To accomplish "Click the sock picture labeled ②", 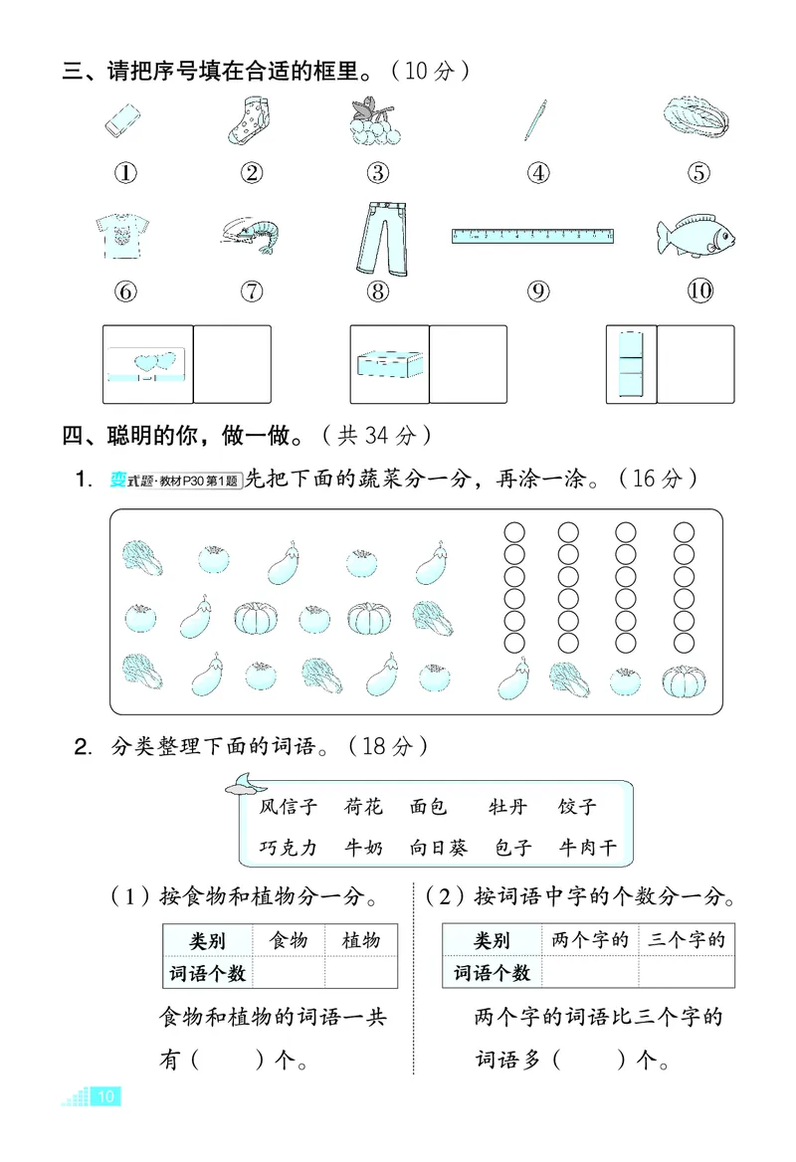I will [x=251, y=122].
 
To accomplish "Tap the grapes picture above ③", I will [x=377, y=122].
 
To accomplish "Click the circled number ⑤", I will [x=698, y=173].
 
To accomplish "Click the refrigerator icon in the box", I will [x=632, y=364].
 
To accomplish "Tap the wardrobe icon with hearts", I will [x=147, y=364].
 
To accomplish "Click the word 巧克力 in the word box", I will [x=288, y=848].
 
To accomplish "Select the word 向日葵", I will [x=438, y=848].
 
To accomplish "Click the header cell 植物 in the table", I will [x=360, y=940].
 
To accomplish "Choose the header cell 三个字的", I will [x=686, y=939].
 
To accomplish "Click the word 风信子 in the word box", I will [x=288, y=807].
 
